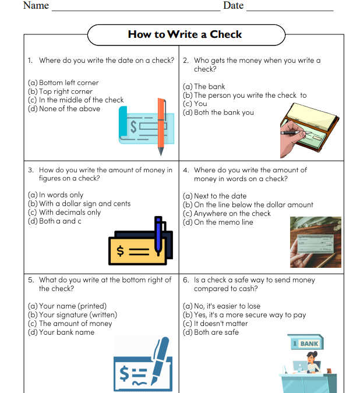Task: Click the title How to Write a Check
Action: pyautogui.click(x=185, y=34)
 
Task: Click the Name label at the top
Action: pyautogui.click(x=36, y=6)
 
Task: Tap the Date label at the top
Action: pyautogui.click(x=233, y=6)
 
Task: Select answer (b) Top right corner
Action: pyautogui.click(x=60, y=91)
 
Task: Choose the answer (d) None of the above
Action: pyautogui.click(x=63, y=109)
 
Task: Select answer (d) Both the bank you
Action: pyautogui.click(x=218, y=112)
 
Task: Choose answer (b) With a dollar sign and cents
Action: pyautogui.click(x=79, y=204)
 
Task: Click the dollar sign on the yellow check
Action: pyautogui.click(x=121, y=252)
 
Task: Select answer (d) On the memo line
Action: pyautogui.click(x=218, y=222)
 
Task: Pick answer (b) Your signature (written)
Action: pyautogui.click(x=72, y=315)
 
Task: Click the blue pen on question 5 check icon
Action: pyautogui.click(x=158, y=356)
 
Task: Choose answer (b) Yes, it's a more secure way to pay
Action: pyautogui.click(x=244, y=315)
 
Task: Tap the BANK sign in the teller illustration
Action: pyautogui.click(x=306, y=344)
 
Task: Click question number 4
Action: pyautogui.click(x=186, y=170)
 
